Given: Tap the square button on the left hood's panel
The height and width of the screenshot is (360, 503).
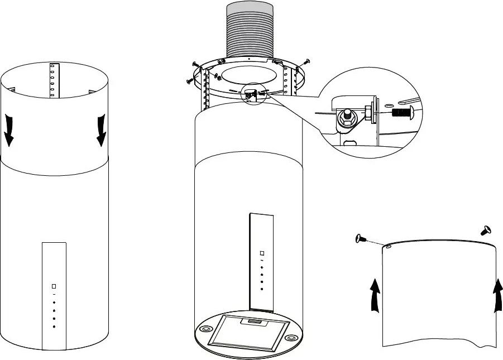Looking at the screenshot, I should pyautogui.click(x=54, y=285).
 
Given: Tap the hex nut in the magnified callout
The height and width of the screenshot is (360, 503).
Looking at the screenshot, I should pyautogui.click(x=346, y=116).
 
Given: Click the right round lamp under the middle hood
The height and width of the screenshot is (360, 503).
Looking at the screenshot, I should pyautogui.click(x=290, y=338).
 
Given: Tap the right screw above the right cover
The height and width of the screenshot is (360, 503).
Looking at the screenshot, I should pyautogui.click(x=485, y=229).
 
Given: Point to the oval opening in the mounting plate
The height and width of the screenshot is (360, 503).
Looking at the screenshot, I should pyautogui.click(x=248, y=75).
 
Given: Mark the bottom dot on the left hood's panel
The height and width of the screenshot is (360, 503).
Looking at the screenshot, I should pyautogui.click(x=54, y=325).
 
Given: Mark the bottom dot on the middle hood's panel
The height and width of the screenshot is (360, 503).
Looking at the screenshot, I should pyautogui.click(x=261, y=289).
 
